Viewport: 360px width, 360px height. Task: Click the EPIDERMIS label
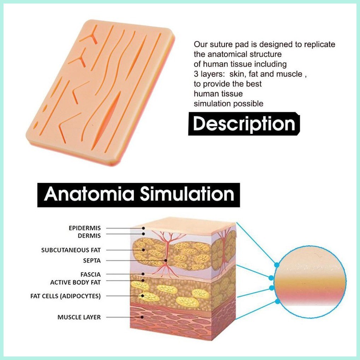pos(85,228)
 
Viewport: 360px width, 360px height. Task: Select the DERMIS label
pos(89,236)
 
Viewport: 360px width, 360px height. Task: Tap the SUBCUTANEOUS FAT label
pos(71,250)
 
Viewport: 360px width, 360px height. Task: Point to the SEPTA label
pos(92,260)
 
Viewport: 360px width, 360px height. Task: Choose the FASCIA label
pos(91,275)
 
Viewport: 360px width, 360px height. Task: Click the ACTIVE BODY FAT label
pos(76,282)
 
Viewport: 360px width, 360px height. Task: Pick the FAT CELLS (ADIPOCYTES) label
pos(66,296)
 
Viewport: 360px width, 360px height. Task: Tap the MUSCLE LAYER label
pos(79,317)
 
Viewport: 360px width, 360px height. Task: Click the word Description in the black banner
pos(244,124)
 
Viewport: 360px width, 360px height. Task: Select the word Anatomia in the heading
pos(89,194)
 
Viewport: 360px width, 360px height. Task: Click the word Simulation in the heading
pos(187,194)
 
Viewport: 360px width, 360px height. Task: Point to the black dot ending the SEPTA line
pos(166,260)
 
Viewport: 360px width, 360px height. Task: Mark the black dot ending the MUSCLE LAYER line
pos(142,317)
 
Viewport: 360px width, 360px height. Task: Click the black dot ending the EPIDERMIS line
pos(143,228)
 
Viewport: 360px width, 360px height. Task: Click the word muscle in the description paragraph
pos(289,74)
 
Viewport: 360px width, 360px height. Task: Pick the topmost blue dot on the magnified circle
pos(277,265)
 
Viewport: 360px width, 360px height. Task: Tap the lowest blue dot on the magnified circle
pos(277,301)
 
